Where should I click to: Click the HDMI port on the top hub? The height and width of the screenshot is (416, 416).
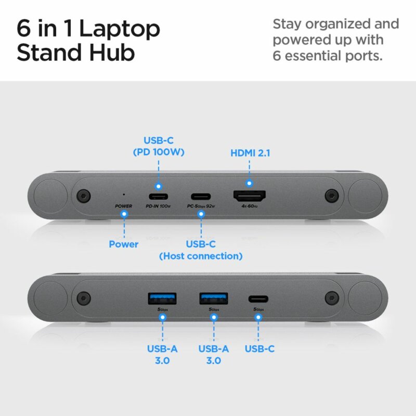point(250,196)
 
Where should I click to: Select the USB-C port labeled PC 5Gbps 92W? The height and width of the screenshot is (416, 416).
point(201,197)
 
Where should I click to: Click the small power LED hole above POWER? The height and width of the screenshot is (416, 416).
point(123,194)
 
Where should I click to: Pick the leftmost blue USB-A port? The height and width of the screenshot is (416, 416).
point(162,298)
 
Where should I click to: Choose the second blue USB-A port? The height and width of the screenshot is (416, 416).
point(213,298)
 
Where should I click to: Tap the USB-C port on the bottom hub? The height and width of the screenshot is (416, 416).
point(257,298)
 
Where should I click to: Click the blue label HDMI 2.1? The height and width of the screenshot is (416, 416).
point(250,153)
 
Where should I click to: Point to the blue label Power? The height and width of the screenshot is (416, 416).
point(124,244)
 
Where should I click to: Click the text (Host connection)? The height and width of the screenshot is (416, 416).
point(201,256)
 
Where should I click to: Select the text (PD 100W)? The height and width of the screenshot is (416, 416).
point(159,153)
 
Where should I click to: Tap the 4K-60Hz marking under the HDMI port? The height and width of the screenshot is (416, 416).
point(250,206)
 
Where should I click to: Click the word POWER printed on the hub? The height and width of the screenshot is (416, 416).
point(124,206)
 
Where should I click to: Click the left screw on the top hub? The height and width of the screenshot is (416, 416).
point(81,196)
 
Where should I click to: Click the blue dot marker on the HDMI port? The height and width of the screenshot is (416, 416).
point(250,183)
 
